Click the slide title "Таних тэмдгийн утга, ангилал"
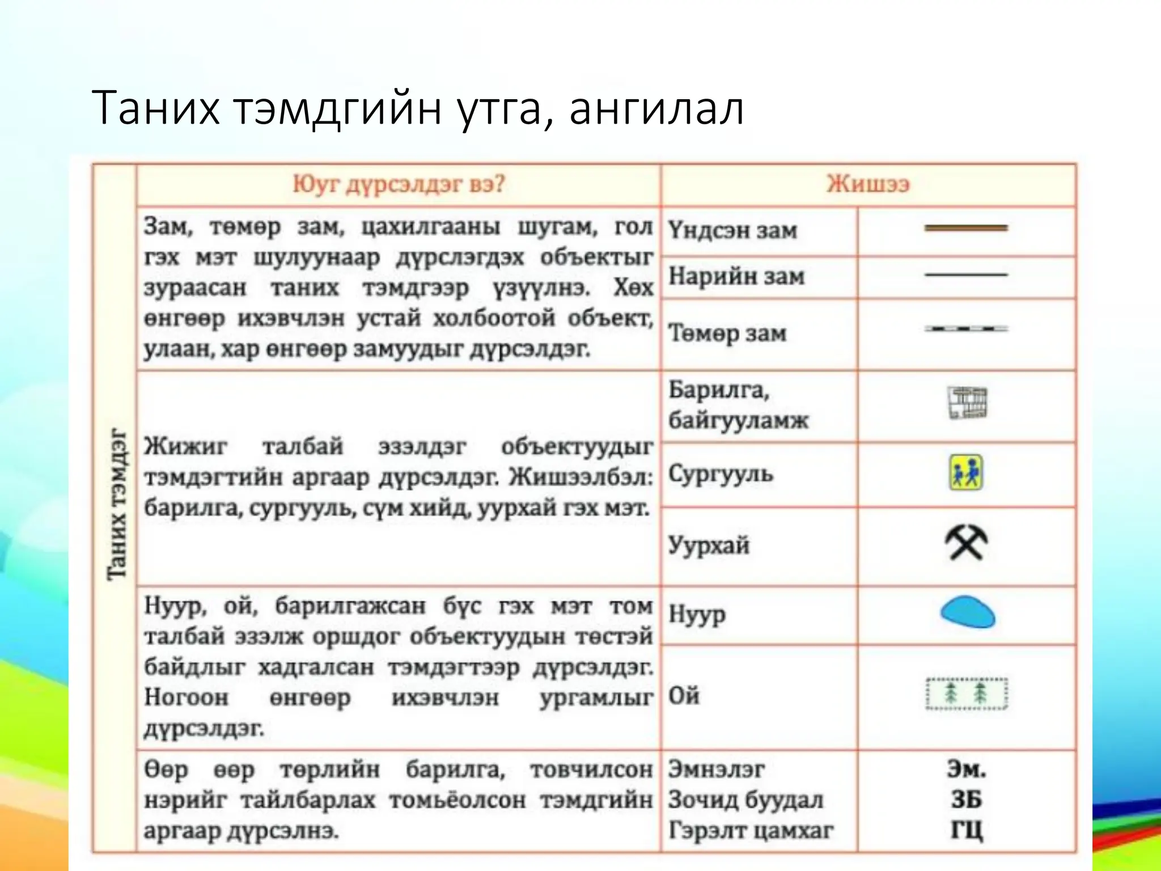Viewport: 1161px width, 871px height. (x=417, y=108)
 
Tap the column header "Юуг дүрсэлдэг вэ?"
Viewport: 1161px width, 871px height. (x=398, y=184)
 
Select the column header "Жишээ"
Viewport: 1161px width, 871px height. (x=867, y=184)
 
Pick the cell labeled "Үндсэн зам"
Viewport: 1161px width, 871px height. (x=733, y=231)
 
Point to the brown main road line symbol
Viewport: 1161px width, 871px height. (x=966, y=228)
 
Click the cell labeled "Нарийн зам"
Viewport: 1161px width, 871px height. (x=736, y=277)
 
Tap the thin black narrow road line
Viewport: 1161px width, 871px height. (x=966, y=274)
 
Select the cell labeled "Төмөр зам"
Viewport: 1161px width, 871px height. (x=727, y=333)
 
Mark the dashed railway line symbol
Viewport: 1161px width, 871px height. (x=966, y=328)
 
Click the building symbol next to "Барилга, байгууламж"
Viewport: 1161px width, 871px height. (x=967, y=403)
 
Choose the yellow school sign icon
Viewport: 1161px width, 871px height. (x=966, y=473)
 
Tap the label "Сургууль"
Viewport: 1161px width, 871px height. (x=721, y=473)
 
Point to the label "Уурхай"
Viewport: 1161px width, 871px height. (x=709, y=546)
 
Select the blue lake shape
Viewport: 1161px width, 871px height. (x=967, y=612)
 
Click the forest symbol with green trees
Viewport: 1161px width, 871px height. (x=966, y=693)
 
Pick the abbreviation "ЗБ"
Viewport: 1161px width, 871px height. (x=966, y=800)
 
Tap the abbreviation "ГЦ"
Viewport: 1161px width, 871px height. (x=966, y=830)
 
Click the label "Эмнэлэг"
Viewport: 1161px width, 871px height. (x=716, y=769)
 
